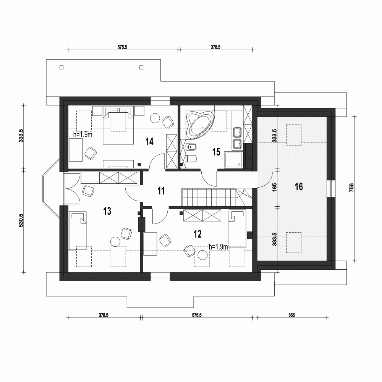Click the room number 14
pyautogui.click(x=149, y=142)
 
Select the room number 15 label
pyautogui.click(x=216, y=152)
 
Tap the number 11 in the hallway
pyautogui.click(x=161, y=191)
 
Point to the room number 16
pyautogui.click(x=299, y=186)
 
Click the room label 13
pyautogui.click(x=107, y=210)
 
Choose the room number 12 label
pyautogui.click(x=197, y=234)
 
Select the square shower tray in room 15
pyautogui.click(x=234, y=160)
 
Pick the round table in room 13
pyautogui.click(x=115, y=242)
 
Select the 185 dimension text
pyautogui.click(x=274, y=188)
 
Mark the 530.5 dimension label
pyautogui.click(x=21, y=221)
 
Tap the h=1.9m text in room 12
pyautogui.click(x=219, y=247)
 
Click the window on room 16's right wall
pyautogui.click(x=331, y=188)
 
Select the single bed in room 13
pyautogui.click(x=78, y=231)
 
